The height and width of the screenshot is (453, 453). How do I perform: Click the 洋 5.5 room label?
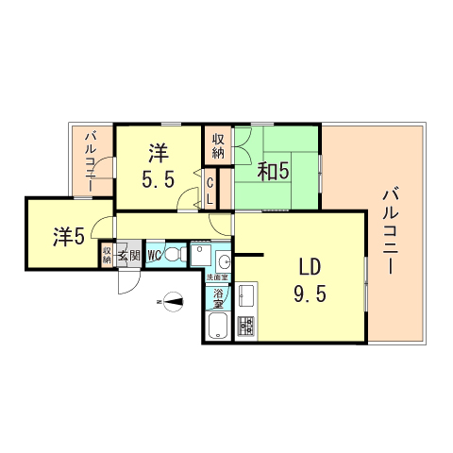click(159, 164)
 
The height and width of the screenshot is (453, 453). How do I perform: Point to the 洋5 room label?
click(69, 236)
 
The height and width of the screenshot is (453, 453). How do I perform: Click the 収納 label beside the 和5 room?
click(218, 145)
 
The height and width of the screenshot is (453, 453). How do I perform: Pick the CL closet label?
click(210, 191)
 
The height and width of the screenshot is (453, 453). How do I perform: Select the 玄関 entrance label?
click(129, 254)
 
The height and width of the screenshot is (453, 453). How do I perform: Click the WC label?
click(154, 254)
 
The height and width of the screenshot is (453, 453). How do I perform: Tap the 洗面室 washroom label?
click(218, 277)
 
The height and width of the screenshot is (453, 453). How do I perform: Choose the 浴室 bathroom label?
click(217, 298)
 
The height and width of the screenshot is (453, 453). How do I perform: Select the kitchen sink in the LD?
click(247, 295)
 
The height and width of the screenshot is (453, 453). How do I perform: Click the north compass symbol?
click(173, 302)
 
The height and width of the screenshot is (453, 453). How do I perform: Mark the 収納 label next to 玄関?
click(108, 254)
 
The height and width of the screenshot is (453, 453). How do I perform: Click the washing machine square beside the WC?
click(200, 255)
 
